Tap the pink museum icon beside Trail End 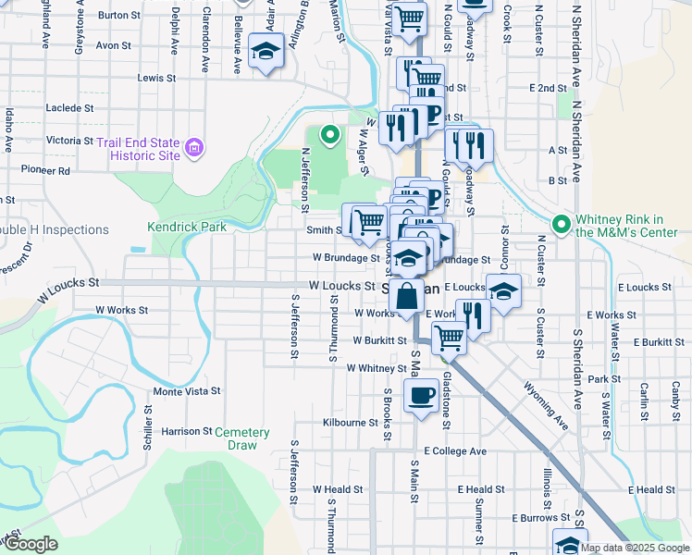coord(194,147)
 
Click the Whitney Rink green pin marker coord(560,225)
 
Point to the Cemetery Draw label coord(241,438)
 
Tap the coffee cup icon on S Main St coord(421,396)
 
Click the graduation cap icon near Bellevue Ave coord(267,54)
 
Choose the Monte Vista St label coord(186,391)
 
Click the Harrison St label coord(187,431)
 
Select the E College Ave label coord(455,451)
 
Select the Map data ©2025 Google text coord(635,548)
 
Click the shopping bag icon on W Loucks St coord(405,297)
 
